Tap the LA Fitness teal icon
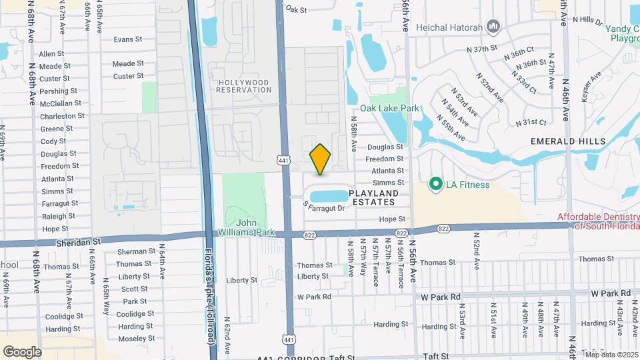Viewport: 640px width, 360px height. click(x=436, y=183)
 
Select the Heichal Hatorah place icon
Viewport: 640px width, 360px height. click(x=493, y=27)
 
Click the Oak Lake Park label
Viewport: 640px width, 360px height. click(x=389, y=108)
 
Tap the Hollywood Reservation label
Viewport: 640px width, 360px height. click(x=243, y=86)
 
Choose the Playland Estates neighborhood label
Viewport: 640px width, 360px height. click(x=375, y=197)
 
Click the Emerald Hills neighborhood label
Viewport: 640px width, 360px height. click(x=568, y=141)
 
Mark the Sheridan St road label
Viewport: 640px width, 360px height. click(x=79, y=244)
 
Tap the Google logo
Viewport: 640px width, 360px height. click(x=22, y=352)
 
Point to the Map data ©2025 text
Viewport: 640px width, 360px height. click(x=611, y=354)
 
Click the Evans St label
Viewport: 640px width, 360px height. click(x=128, y=39)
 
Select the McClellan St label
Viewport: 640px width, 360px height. click(x=61, y=103)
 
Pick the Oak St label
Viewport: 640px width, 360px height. click(x=295, y=10)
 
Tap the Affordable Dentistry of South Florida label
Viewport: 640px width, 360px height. click(x=597, y=221)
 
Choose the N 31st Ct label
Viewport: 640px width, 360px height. click(x=531, y=123)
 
